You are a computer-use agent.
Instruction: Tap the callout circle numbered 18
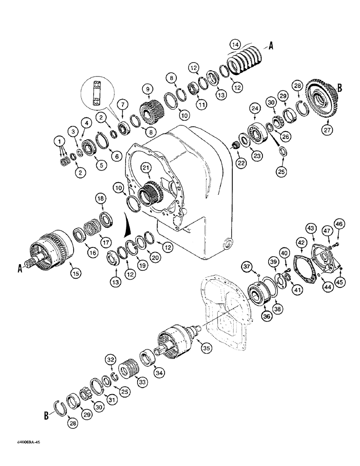pos(100,199)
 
